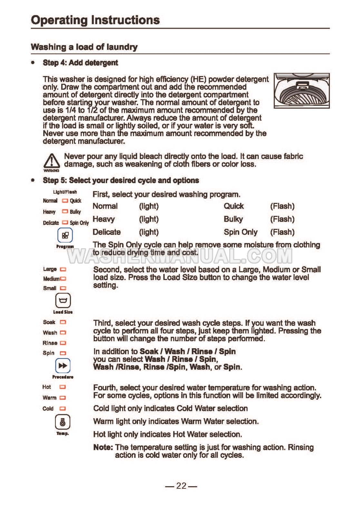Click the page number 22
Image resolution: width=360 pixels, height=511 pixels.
pos(181,486)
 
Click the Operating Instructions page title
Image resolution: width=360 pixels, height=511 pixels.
pos(95,20)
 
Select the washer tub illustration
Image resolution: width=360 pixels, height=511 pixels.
pos(301,91)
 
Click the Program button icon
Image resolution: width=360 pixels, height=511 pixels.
pos(65,235)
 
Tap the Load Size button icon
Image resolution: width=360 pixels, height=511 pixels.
pos(63,301)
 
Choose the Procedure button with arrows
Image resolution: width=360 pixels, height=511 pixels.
pos(63,366)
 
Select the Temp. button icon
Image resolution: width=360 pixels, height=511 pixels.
pos(63,422)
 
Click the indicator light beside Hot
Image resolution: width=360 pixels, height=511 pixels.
pos(63,387)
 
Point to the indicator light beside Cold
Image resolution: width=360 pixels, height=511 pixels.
pos(63,409)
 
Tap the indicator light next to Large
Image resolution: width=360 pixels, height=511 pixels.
pos(63,269)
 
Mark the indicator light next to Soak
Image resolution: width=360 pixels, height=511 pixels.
pos(63,322)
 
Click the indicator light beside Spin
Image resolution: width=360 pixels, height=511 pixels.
pos(63,353)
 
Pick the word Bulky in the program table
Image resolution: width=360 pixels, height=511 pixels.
pos(233,219)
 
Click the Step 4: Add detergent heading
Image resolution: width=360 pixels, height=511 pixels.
pos(80,63)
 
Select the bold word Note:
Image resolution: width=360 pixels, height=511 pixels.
pos(103,447)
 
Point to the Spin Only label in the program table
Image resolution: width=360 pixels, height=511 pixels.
pos(240,232)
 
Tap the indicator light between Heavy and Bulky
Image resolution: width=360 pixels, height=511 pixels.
pos(65,212)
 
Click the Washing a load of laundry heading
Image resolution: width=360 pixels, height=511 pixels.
pos(84,47)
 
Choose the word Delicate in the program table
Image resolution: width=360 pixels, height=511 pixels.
pos(107,232)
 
